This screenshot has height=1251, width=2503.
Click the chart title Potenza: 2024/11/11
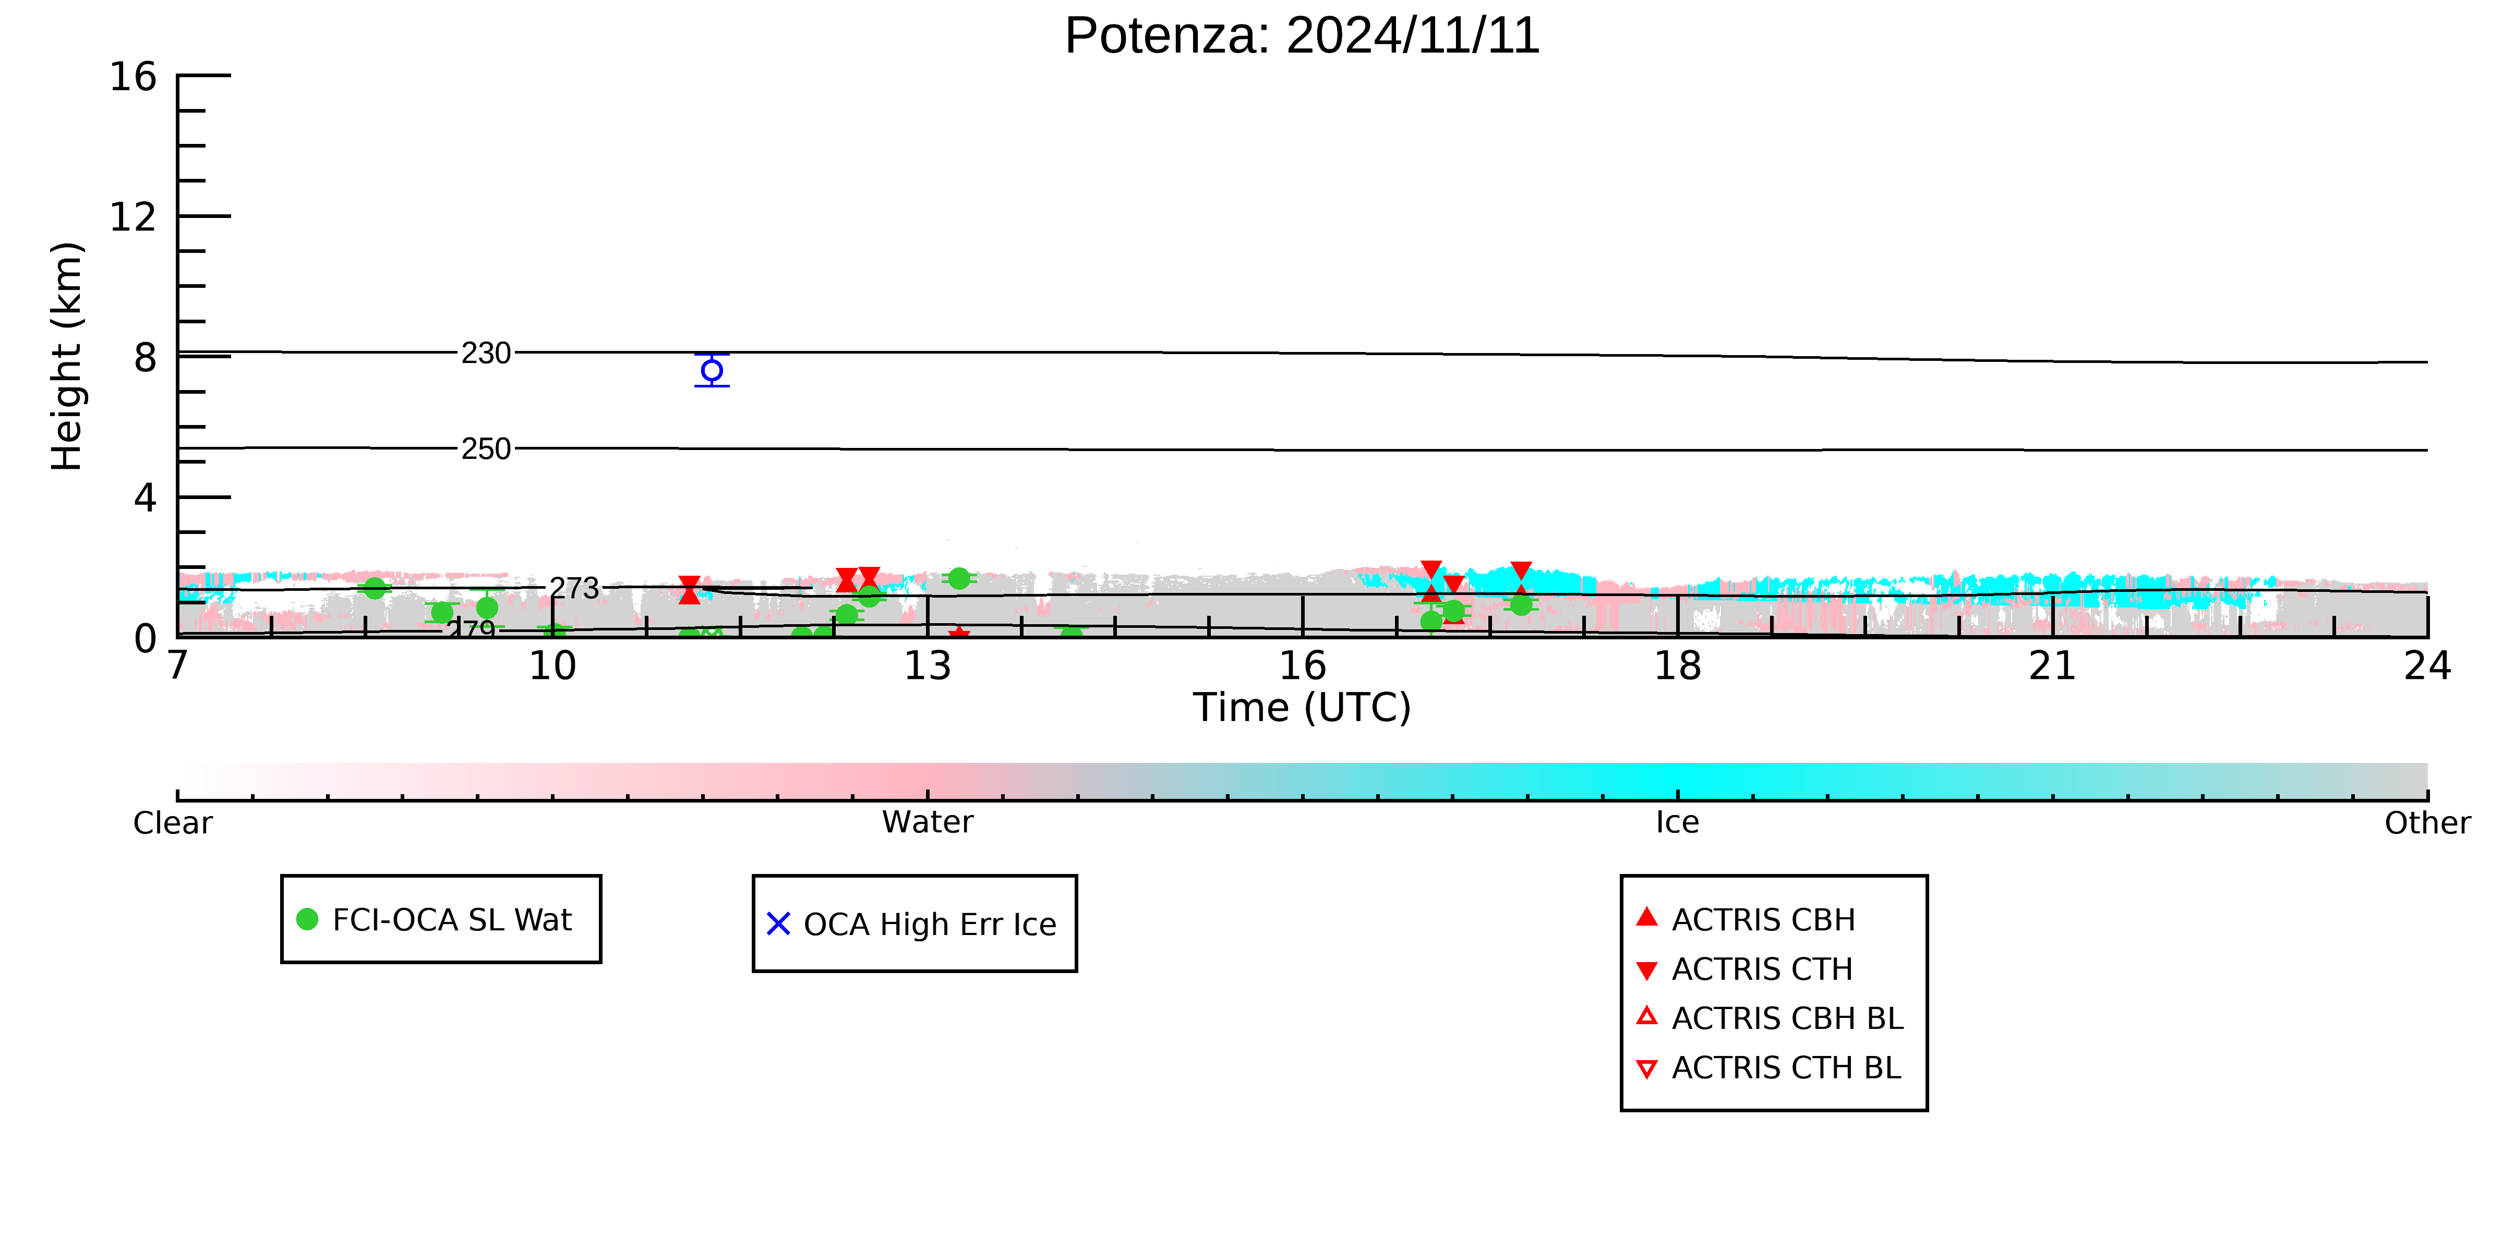pyautogui.click(x=1302, y=36)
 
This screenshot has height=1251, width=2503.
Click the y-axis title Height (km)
pyautogui.click(x=67, y=357)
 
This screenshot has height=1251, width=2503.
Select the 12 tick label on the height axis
pyautogui.click(x=133, y=216)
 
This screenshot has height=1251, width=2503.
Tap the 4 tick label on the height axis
pyautogui.click(x=146, y=499)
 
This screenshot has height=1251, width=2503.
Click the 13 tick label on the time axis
pyautogui.click(x=928, y=666)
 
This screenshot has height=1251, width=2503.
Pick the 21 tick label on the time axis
pyautogui.click(x=2053, y=666)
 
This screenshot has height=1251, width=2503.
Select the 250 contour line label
pyautogui.click(x=486, y=450)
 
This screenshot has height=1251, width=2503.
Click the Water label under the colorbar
pyautogui.click(x=928, y=823)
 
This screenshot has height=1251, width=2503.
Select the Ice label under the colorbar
pyautogui.click(x=1678, y=823)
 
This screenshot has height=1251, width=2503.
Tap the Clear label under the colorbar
pyautogui.click(x=173, y=823)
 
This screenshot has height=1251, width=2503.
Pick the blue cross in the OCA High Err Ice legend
pyautogui.click(x=778, y=924)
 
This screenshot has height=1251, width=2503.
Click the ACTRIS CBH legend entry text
pyautogui.click(x=1764, y=920)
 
